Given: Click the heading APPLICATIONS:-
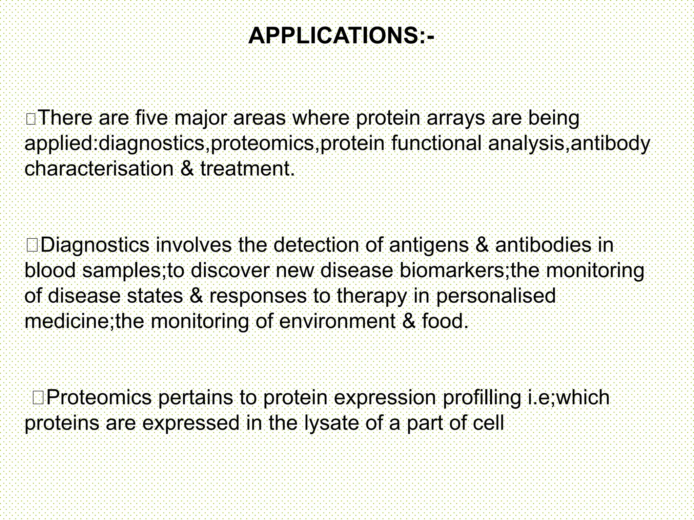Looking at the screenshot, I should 341,36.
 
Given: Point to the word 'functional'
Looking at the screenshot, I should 436,143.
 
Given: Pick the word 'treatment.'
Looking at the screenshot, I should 248,169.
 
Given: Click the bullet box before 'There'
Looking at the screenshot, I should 31,120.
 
